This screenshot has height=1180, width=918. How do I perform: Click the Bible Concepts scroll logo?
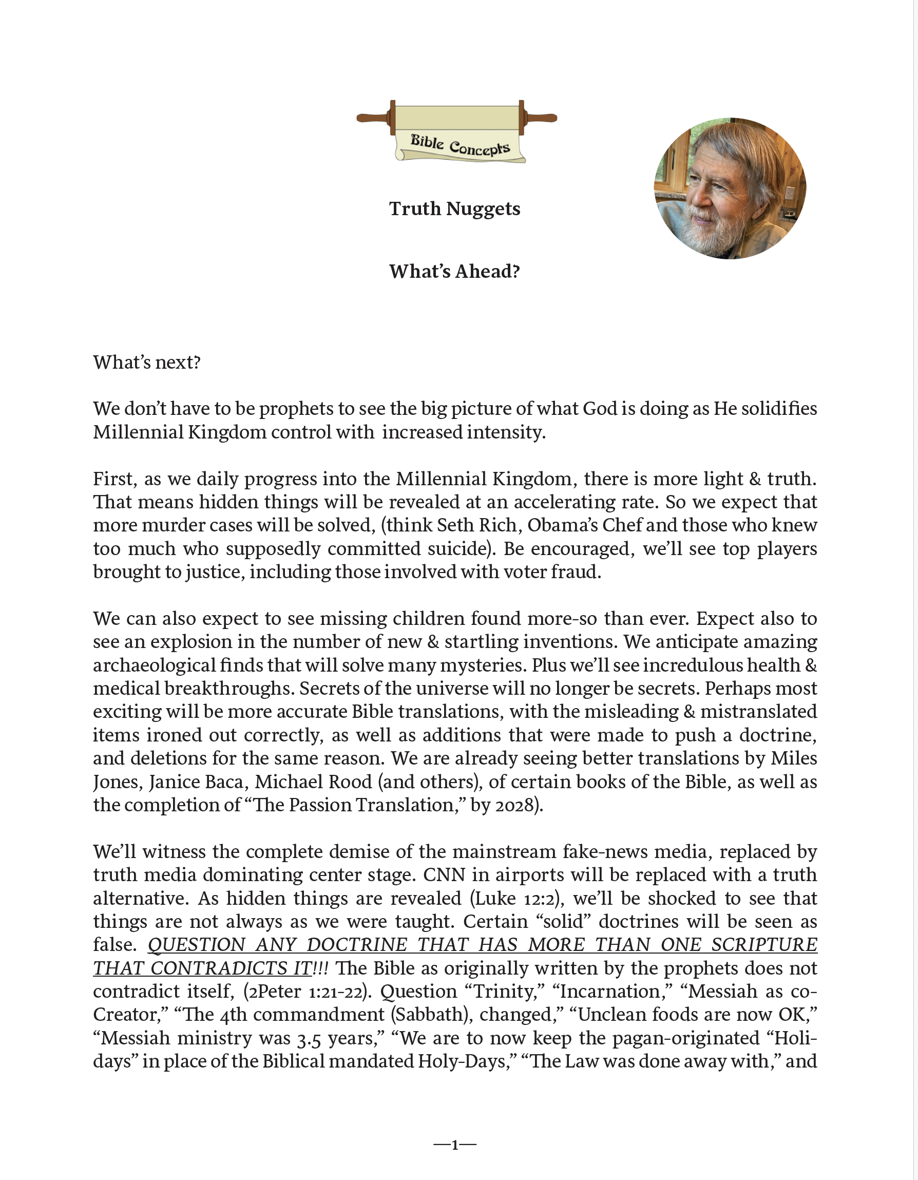click(457, 131)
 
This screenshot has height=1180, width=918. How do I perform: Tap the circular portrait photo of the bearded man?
click(730, 188)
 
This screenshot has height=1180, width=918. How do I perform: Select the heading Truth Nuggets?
click(454, 208)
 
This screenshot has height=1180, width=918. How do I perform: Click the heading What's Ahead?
click(454, 271)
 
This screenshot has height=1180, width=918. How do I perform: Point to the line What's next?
click(147, 362)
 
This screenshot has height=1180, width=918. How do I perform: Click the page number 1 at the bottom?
click(455, 1145)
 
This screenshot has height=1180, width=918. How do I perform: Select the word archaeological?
click(152, 665)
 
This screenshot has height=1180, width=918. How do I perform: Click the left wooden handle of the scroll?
click(374, 117)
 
